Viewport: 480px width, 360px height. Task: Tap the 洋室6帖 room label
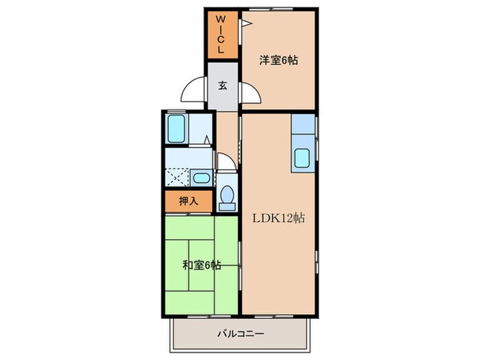coord(278,60)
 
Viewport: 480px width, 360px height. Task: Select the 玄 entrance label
coord(224,86)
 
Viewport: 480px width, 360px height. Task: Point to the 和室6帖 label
coord(201,265)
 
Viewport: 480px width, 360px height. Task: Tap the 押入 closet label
coord(188,202)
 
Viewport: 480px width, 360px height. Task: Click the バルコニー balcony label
coord(241,334)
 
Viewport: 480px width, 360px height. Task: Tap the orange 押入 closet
coord(181,202)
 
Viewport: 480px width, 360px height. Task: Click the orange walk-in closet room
coord(221,36)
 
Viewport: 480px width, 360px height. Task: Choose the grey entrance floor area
coord(224,86)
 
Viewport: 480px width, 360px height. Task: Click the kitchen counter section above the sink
coord(302,128)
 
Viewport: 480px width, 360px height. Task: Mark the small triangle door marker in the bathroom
coord(207,142)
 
